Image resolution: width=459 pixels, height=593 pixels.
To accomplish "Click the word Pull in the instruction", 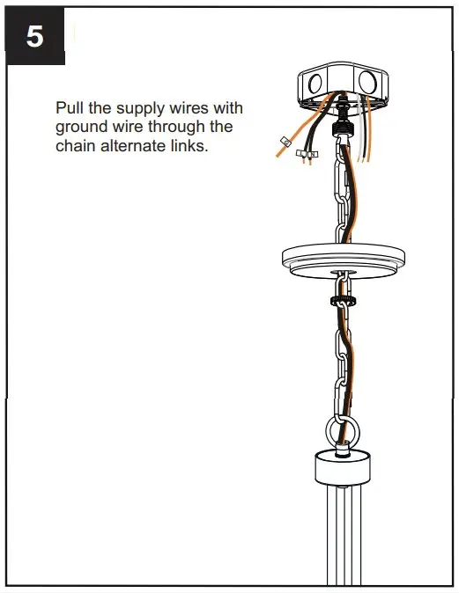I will (x=70, y=108).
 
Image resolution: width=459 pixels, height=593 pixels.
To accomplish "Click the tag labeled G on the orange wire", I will (x=285, y=143).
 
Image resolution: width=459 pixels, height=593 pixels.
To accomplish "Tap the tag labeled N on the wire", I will (x=313, y=156).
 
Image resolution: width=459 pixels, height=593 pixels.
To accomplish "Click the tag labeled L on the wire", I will (x=302, y=155).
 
